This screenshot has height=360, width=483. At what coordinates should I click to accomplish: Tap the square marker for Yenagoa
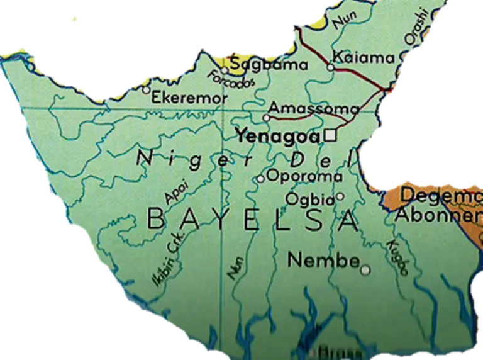331,135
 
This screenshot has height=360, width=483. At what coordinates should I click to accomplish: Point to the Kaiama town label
364,58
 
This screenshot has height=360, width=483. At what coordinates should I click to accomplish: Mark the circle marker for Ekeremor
147,90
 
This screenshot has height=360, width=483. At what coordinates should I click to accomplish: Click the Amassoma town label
314,108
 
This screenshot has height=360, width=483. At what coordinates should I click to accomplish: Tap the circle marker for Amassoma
266,118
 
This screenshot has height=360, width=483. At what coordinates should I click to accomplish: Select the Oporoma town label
304,176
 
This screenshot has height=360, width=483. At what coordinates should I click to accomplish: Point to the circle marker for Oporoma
260,179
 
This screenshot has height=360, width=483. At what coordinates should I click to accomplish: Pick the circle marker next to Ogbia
340,196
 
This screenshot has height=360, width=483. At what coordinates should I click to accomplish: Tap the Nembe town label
324,259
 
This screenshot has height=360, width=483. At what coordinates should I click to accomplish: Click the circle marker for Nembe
365,270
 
